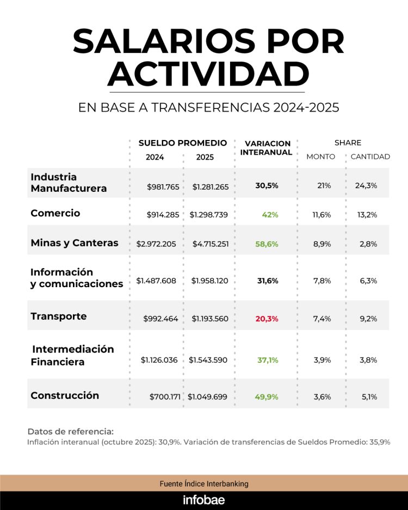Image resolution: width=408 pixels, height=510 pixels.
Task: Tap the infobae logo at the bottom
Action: (x=204, y=500)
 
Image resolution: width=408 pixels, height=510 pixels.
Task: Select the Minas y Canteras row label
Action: (x=75, y=243)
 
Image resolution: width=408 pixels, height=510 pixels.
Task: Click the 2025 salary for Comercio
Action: (x=209, y=215)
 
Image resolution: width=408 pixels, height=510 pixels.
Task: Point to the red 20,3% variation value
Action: (x=267, y=319)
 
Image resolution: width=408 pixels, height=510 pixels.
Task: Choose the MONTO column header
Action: (x=321, y=157)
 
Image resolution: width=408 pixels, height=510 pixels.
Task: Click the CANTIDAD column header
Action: (x=370, y=157)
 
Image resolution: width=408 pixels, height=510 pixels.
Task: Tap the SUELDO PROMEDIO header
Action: (x=183, y=143)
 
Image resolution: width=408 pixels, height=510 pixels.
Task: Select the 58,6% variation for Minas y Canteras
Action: (x=267, y=244)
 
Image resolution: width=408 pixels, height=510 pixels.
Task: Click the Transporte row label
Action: (x=59, y=317)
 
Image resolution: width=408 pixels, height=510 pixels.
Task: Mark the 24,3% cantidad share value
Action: (x=366, y=186)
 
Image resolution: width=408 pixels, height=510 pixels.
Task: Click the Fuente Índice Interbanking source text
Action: (x=204, y=483)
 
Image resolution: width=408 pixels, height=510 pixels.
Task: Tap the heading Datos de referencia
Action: (x=70, y=432)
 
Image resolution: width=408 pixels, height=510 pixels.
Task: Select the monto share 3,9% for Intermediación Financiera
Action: (x=322, y=360)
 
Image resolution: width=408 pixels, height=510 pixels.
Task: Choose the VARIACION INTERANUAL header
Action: (x=266, y=148)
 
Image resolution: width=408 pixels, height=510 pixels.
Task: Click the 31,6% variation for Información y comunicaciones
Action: (x=267, y=281)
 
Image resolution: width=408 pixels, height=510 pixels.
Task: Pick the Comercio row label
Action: (x=55, y=213)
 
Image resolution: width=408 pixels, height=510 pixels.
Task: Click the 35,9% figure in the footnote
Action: (x=380, y=442)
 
